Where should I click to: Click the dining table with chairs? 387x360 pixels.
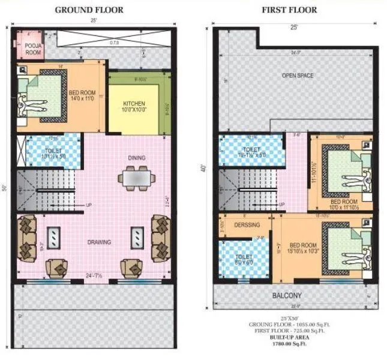point(136,178)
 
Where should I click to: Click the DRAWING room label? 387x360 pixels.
point(98,242)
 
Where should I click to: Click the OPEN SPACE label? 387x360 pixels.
point(298,76)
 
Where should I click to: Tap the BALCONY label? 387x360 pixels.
point(287,296)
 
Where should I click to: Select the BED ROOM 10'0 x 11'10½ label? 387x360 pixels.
point(344,205)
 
